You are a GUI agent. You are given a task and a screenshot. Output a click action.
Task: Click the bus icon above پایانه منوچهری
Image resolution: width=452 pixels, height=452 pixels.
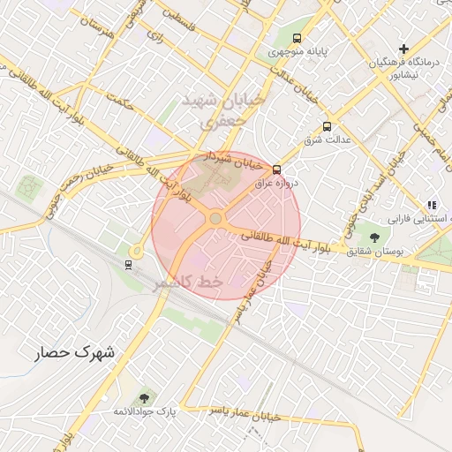[298, 38]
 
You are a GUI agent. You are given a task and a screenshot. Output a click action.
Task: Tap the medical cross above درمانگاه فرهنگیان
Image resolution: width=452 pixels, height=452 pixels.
[404, 48]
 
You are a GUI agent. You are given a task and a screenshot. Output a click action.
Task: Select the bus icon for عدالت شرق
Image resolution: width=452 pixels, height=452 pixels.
[328, 126]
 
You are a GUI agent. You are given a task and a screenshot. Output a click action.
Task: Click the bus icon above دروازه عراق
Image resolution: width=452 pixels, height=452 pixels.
[276, 169]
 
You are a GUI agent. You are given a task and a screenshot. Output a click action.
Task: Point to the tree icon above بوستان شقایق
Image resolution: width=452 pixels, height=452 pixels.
[374, 237]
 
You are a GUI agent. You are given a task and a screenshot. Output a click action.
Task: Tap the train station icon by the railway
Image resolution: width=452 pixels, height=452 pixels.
[130, 263]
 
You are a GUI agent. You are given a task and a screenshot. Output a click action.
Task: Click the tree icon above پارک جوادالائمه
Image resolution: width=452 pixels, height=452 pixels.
[144, 398]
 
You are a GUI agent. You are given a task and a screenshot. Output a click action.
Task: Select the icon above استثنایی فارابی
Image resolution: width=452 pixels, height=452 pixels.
[431, 204]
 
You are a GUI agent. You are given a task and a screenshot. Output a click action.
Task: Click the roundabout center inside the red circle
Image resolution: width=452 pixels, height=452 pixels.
[215, 218]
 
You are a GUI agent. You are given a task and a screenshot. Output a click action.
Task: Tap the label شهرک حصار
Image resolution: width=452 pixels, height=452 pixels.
[76, 352]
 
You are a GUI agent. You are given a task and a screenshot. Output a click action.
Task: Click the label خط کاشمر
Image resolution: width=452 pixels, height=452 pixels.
[186, 282]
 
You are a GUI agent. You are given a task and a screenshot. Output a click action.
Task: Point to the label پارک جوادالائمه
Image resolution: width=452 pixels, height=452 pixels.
[145, 412]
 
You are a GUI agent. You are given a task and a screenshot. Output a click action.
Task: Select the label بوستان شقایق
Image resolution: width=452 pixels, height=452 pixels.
[375, 252]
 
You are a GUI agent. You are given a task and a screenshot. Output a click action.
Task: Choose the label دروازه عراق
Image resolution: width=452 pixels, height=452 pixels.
[282, 182]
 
